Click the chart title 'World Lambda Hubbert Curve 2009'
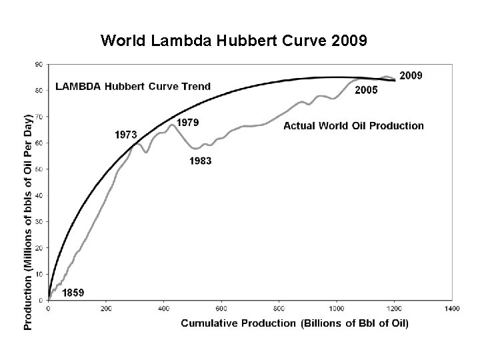tap(233, 41)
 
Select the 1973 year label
tap(126, 135)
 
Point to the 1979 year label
tap(187, 122)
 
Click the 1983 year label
tap(201, 161)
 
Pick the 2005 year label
tap(366, 90)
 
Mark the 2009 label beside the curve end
tap(411, 75)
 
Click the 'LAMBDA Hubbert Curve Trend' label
tap(133, 86)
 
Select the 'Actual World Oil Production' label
tap(353, 125)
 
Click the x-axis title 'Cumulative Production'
tap(295, 323)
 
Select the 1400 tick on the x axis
tap(451, 309)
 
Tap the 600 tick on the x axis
tap(221, 309)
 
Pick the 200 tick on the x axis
tap(106, 309)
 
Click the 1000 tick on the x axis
tap(336, 309)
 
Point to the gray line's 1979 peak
tap(172, 124)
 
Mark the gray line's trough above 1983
tap(195, 148)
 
